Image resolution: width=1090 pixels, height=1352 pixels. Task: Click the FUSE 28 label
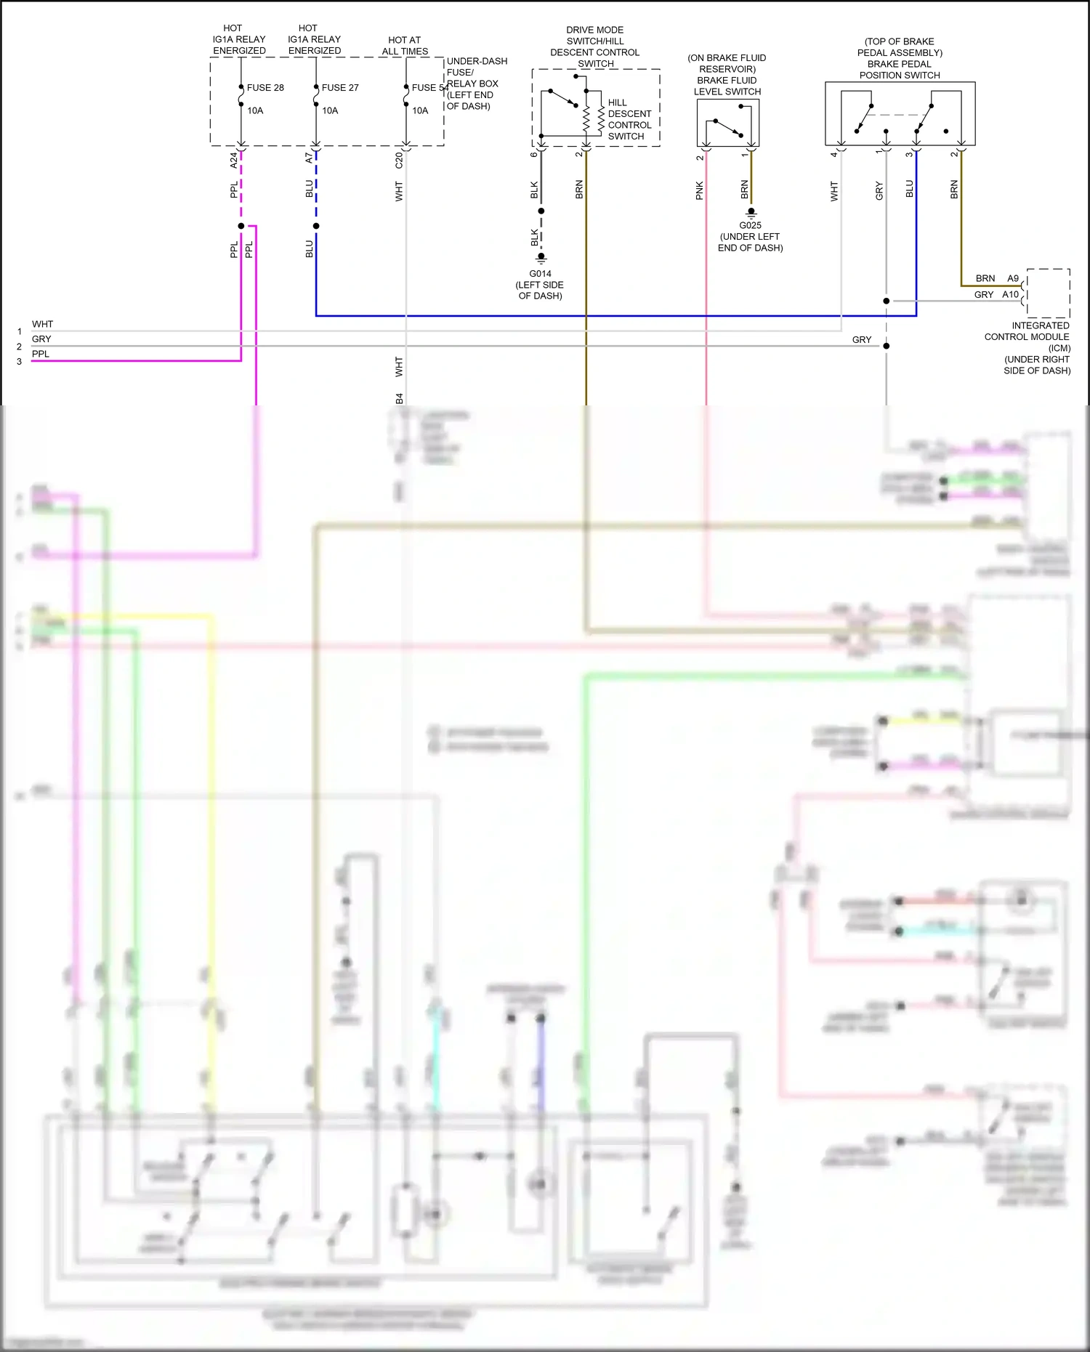265,88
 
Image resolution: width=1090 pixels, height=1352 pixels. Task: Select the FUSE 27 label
340,88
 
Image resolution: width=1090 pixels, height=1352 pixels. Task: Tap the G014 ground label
540,274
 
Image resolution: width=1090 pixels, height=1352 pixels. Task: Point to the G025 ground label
750,225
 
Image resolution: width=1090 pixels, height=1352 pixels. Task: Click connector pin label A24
233,161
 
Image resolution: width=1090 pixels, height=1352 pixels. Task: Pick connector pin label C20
399,161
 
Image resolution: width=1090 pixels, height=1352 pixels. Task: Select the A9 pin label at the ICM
1013,278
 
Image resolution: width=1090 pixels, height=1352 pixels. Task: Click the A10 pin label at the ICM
1010,294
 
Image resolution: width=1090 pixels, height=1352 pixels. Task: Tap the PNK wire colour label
699,190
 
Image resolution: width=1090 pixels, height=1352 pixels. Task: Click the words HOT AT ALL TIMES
405,46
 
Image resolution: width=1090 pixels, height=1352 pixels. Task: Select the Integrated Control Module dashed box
1047,293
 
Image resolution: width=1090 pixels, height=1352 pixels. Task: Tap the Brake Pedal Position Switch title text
900,58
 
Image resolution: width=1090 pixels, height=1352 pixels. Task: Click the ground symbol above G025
751,212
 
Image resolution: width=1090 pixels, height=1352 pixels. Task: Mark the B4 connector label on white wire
399,398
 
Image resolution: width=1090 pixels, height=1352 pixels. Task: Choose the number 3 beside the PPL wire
20,361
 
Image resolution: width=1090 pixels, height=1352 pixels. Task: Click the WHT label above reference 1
42,324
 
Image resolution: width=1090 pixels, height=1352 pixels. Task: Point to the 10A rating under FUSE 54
420,111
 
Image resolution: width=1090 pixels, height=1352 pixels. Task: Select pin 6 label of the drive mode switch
534,155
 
